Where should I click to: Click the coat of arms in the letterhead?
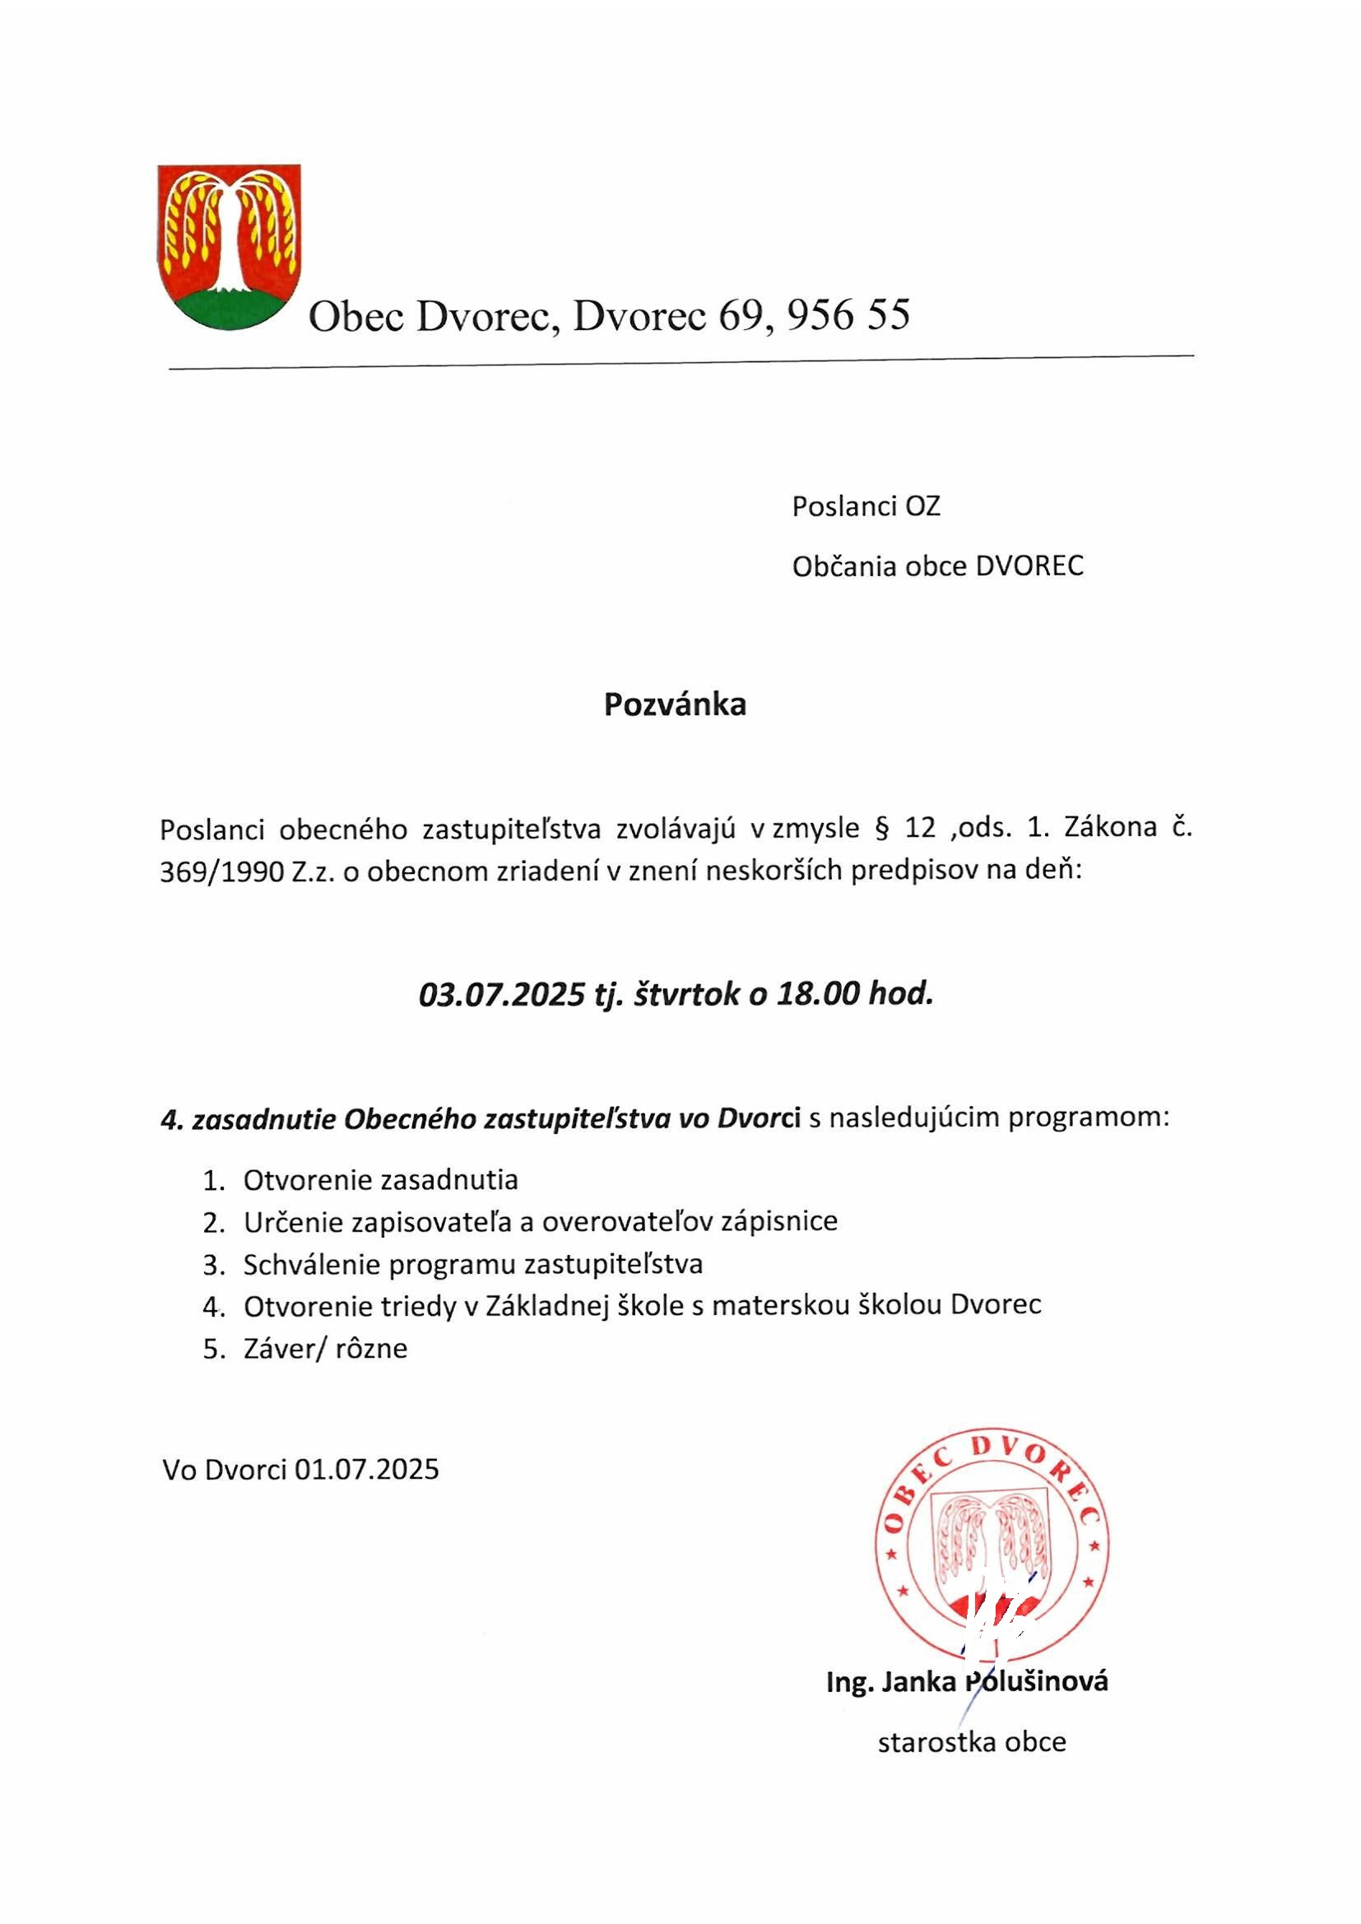[x=229, y=246]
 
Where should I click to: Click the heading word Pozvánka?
[x=675, y=704]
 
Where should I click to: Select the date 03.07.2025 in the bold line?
[x=501, y=995]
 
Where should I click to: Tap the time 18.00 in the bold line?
[x=818, y=995]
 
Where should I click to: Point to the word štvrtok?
[x=687, y=995]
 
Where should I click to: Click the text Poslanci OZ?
[x=866, y=506]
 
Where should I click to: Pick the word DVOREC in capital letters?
[x=1029, y=565]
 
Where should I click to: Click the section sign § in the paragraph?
[x=880, y=828]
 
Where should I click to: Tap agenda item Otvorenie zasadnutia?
[x=380, y=1181]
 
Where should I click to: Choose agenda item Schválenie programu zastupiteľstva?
[x=472, y=1265]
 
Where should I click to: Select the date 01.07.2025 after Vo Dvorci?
[x=367, y=1470]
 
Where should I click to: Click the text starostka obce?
[x=971, y=1742]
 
